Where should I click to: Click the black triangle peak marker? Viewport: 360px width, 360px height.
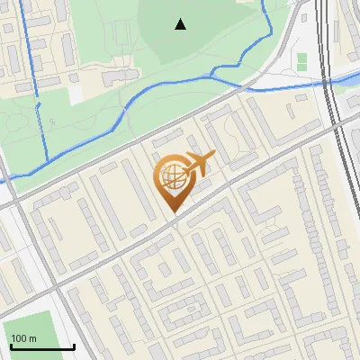[180, 24]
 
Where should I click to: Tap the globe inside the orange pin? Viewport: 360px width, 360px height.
[171, 176]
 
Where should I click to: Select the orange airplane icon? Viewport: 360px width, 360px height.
[200, 165]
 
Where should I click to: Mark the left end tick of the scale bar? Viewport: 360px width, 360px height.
[10, 346]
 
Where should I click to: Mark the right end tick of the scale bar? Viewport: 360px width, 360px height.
[74, 346]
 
